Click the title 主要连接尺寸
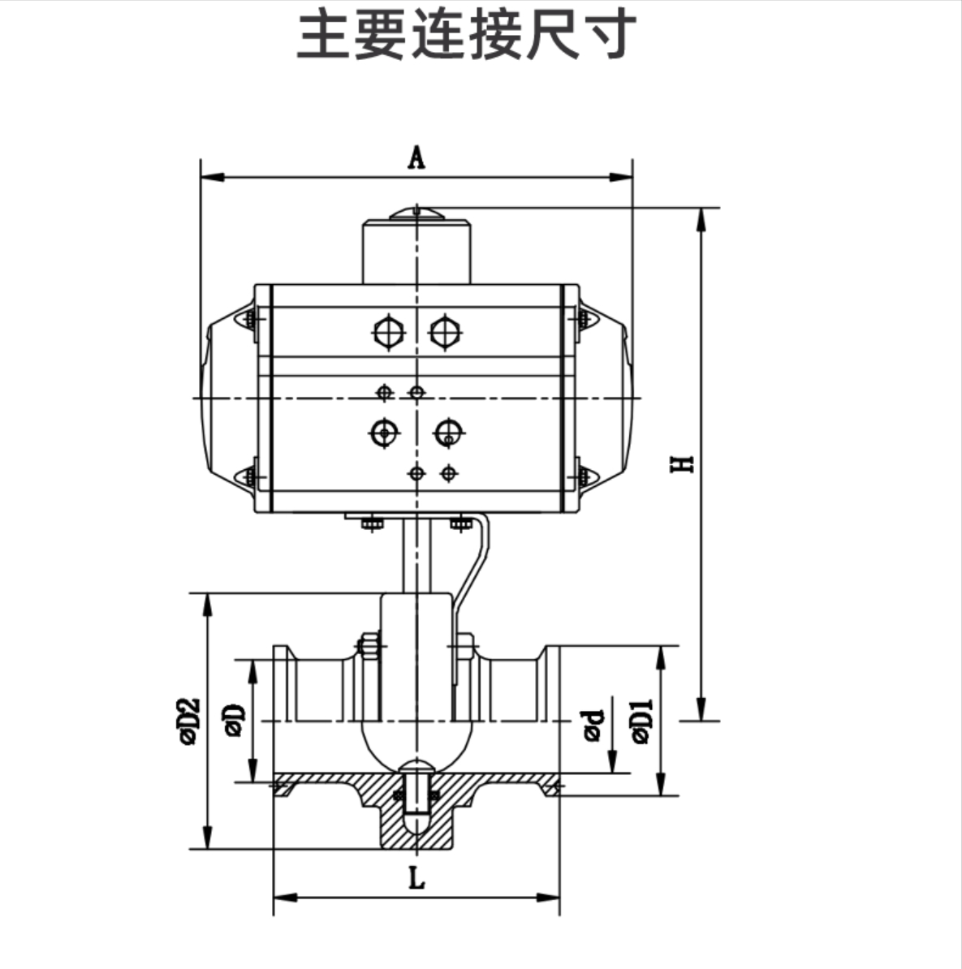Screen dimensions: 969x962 (466, 35)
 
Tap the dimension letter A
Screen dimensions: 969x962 (416, 157)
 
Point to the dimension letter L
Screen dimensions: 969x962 (416, 878)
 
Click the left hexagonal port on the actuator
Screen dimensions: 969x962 (388, 332)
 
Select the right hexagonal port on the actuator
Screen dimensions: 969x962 (445, 332)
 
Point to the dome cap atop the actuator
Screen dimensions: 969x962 (416, 214)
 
